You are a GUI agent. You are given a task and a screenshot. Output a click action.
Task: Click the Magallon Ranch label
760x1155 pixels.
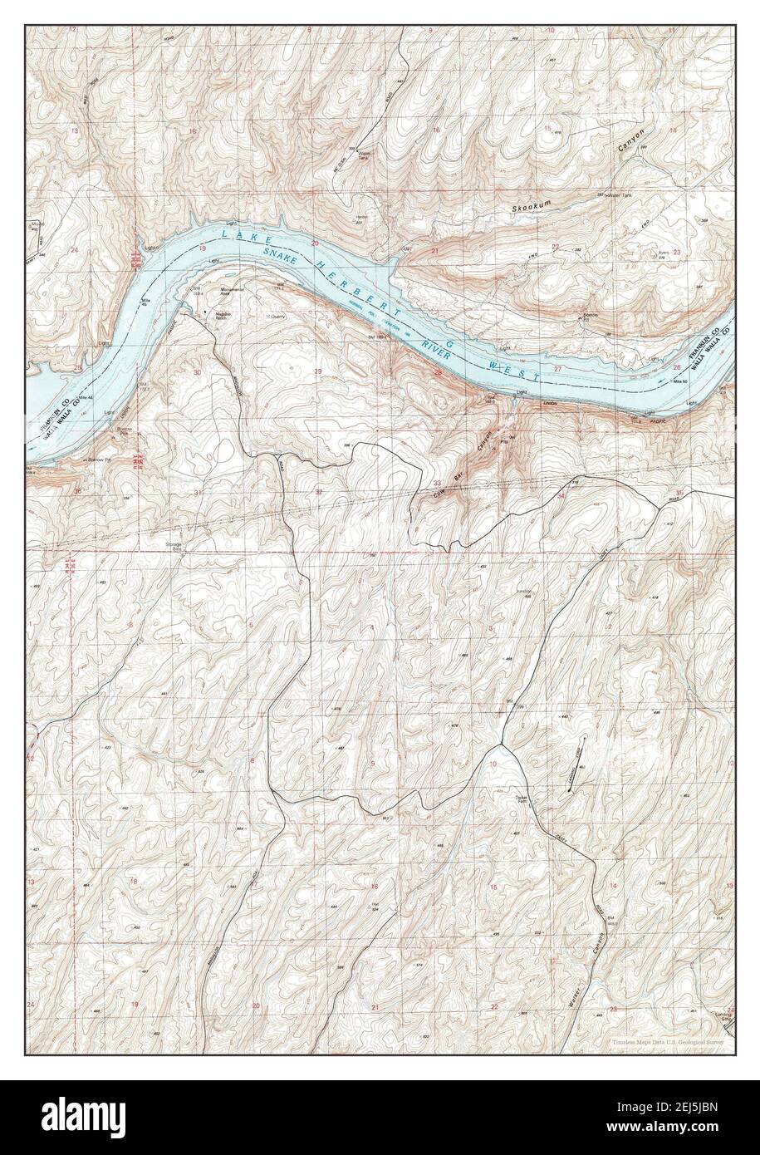(x=217, y=316)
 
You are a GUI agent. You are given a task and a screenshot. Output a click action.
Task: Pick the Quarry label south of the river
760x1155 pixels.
(x=272, y=316)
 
